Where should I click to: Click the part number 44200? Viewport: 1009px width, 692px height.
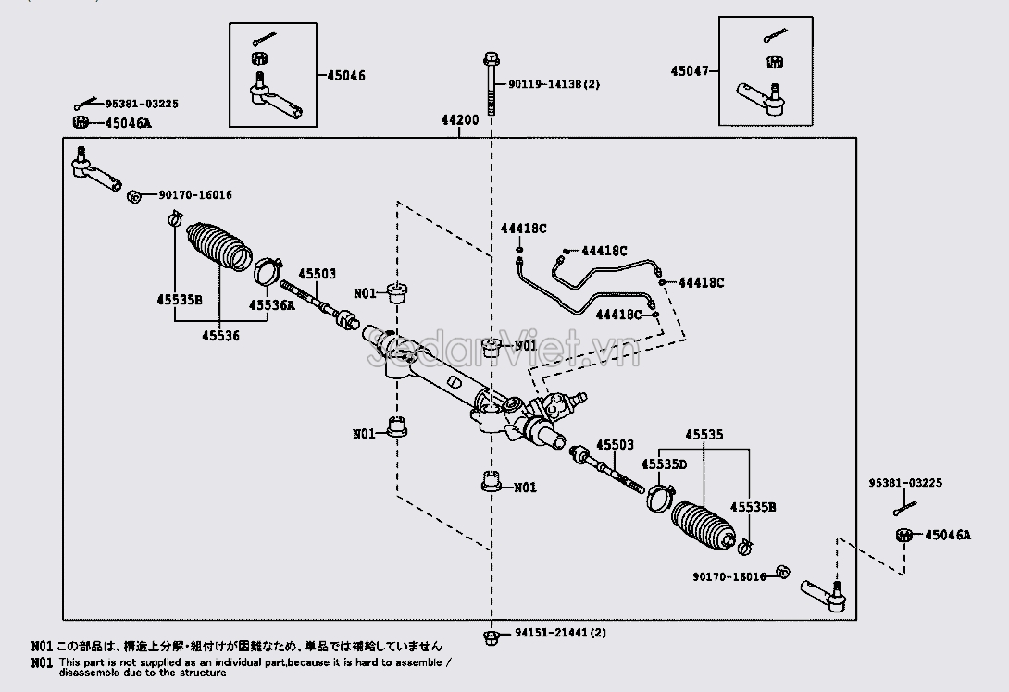coord(459,121)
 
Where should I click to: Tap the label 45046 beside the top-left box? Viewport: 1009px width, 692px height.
coord(345,75)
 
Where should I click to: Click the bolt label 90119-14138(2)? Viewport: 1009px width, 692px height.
coord(554,84)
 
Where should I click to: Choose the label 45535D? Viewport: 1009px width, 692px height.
coord(666,463)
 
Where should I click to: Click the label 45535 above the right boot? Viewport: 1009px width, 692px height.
coord(704,434)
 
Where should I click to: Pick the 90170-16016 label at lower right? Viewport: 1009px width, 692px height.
coord(729,576)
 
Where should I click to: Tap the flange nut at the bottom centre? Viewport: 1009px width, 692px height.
coord(491,636)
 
